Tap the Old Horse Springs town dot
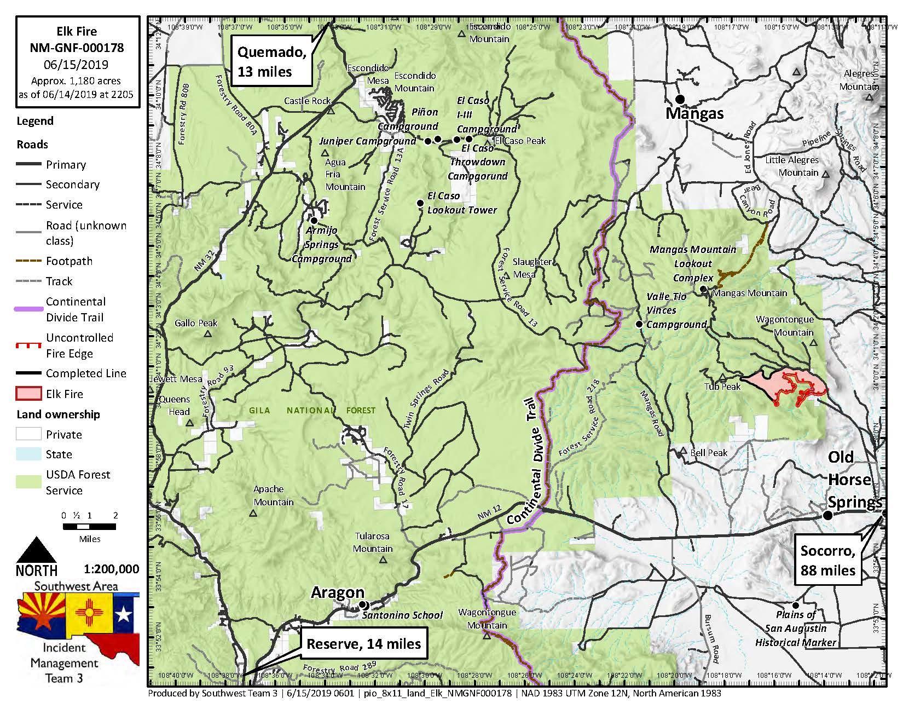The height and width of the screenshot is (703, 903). (828, 515)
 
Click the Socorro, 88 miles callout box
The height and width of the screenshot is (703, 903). (827, 561)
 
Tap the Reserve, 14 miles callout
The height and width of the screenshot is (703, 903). (363, 643)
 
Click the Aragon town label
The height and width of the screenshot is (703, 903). (338, 592)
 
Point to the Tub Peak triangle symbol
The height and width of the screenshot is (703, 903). (722, 377)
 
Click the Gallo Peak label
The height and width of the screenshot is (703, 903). (196, 323)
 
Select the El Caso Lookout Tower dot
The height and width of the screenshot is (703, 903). (420, 203)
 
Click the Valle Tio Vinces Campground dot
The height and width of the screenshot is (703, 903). (639, 325)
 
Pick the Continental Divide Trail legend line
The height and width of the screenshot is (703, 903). (28, 309)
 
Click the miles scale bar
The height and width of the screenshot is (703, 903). (89, 527)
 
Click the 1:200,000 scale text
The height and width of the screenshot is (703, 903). (112, 569)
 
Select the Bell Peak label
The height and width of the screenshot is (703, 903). (709, 453)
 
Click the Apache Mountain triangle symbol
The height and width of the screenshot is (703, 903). (253, 513)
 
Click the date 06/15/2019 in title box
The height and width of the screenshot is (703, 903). (77, 64)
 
